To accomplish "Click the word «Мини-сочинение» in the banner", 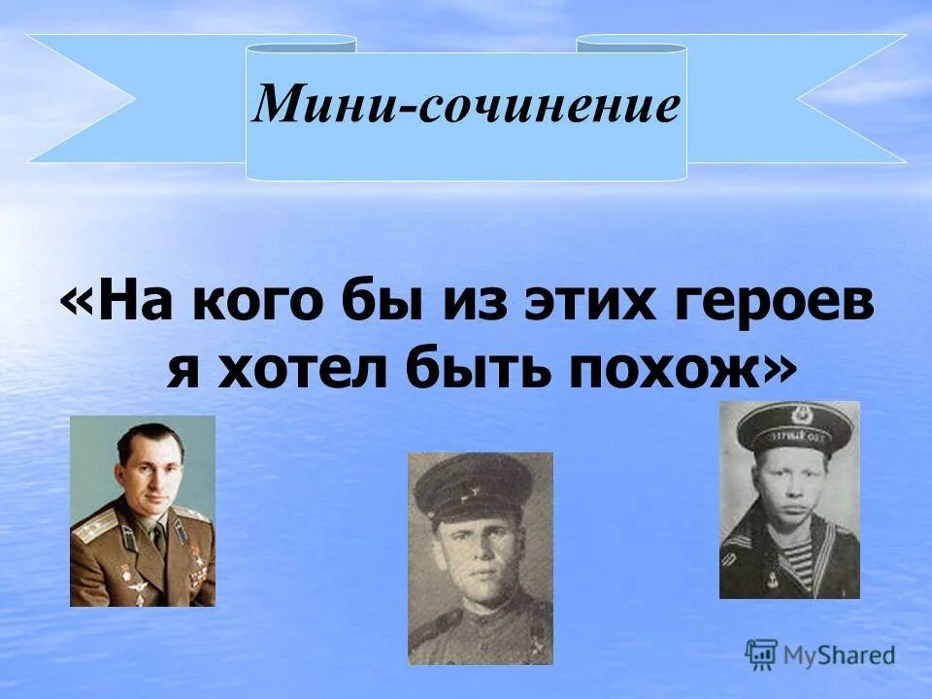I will pyautogui.click(x=466, y=105).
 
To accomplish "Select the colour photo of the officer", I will pyautogui.click(x=143, y=511).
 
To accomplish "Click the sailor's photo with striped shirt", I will pyautogui.click(x=788, y=499).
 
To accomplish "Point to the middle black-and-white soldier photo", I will pyautogui.click(x=480, y=557).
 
